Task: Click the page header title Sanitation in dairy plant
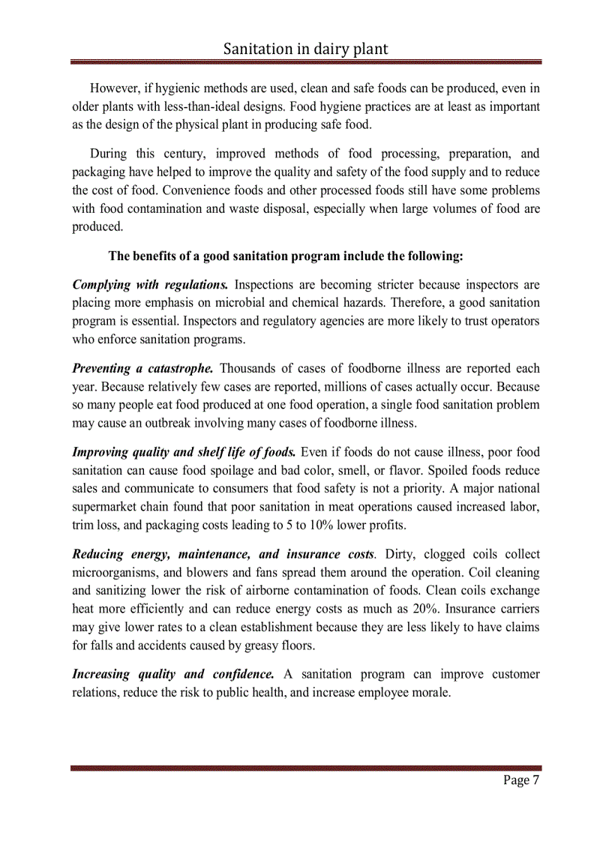pyautogui.click(x=306, y=49)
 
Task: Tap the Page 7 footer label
pyautogui.click(x=521, y=781)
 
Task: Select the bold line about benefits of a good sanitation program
pyautogui.click(x=286, y=256)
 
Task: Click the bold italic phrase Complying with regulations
pyautogui.click(x=150, y=285)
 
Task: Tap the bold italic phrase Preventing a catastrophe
pyautogui.click(x=142, y=369)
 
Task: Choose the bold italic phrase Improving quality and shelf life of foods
pyautogui.click(x=184, y=452)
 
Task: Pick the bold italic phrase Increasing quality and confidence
pyautogui.click(x=172, y=674)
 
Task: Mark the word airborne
pyautogui.click(x=270, y=590)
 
